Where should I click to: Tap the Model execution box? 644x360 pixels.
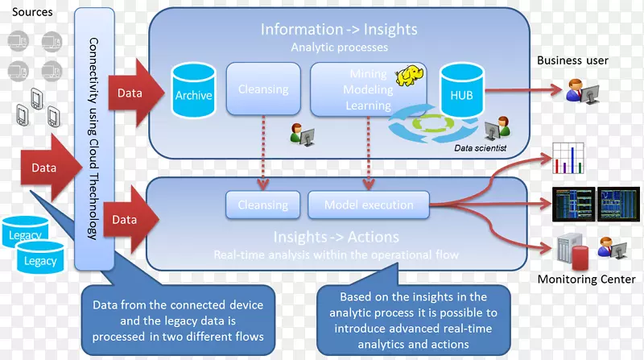369,205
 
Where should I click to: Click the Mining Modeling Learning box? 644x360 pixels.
367,89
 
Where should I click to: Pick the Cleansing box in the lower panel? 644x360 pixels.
263,205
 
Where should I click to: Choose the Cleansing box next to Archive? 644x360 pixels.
263,89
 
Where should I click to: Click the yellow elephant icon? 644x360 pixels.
410,75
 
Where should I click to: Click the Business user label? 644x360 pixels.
572,60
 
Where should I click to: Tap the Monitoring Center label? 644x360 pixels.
586,279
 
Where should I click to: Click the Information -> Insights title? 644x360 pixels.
339,30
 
